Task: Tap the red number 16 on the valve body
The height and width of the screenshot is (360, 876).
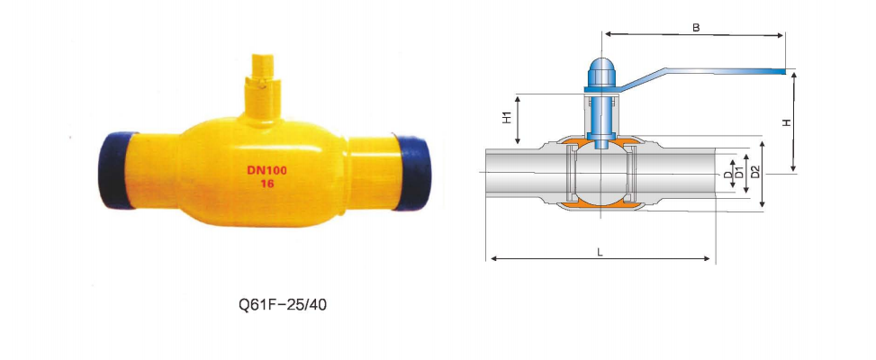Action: tap(266, 183)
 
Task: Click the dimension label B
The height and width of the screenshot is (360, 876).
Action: tap(695, 27)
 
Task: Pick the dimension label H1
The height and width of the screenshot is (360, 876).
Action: tap(507, 118)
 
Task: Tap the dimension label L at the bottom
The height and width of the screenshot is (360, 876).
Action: tap(600, 252)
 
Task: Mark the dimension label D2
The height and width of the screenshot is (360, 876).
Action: tap(754, 172)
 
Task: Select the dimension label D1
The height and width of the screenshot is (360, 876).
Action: tap(740, 173)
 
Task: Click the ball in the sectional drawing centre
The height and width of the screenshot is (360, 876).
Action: tap(601, 174)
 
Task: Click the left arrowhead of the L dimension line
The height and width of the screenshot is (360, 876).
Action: tap(492, 260)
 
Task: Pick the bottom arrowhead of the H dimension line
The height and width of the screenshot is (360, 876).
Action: tap(793, 168)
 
